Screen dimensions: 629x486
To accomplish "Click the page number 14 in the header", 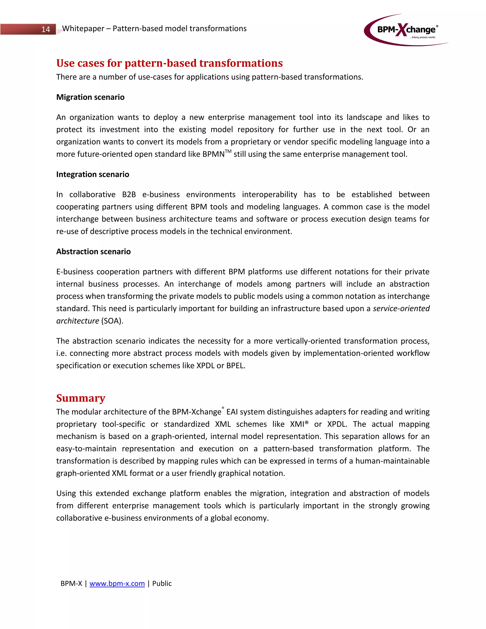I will (x=46, y=29).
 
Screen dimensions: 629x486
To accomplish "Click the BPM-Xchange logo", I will (x=406, y=30).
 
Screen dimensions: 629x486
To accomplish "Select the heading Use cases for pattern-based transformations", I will (x=169, y=63).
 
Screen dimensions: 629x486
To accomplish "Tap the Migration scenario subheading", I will (x=90, y=97).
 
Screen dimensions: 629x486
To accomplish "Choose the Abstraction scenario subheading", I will (x=93, y=251).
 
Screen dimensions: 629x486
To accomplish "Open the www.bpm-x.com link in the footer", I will (x=117, y=583).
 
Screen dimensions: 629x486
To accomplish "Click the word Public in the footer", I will (x=162, y=583).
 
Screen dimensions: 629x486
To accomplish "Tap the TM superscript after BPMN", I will (x=228, y=151).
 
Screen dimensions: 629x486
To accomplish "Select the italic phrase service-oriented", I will (x=401, y=309).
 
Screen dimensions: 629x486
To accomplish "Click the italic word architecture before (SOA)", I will (x=77, y=321).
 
